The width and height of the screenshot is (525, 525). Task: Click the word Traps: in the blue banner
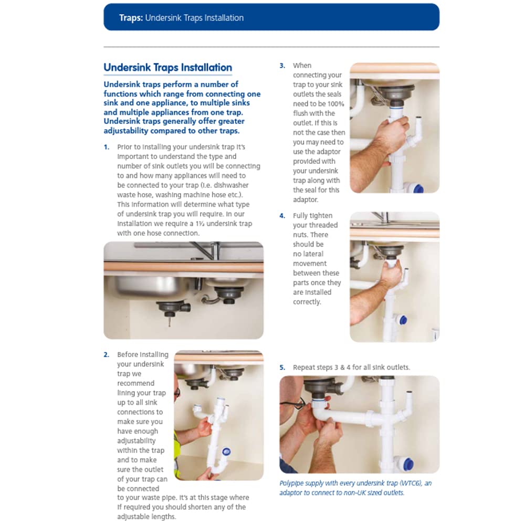(131, 18)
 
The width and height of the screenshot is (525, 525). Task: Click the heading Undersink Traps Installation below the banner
(168, 67)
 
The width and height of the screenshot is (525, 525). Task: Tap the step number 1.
(107, 147)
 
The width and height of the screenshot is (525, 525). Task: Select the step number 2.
(107, 354)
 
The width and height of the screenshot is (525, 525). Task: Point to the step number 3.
(282, 66)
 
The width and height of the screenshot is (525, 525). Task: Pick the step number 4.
(282, 216)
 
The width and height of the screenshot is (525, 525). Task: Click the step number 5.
(282, 367)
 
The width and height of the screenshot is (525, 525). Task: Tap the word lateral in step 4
(313, 254)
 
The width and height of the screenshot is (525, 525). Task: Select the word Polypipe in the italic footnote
(292, 484)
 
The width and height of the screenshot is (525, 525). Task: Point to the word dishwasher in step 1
(231, 185)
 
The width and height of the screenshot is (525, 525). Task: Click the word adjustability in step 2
(136, 441)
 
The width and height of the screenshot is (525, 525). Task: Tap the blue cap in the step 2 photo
(226, 451)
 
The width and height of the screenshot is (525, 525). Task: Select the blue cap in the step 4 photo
(403, 320)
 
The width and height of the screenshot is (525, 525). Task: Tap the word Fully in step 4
(301, 216)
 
